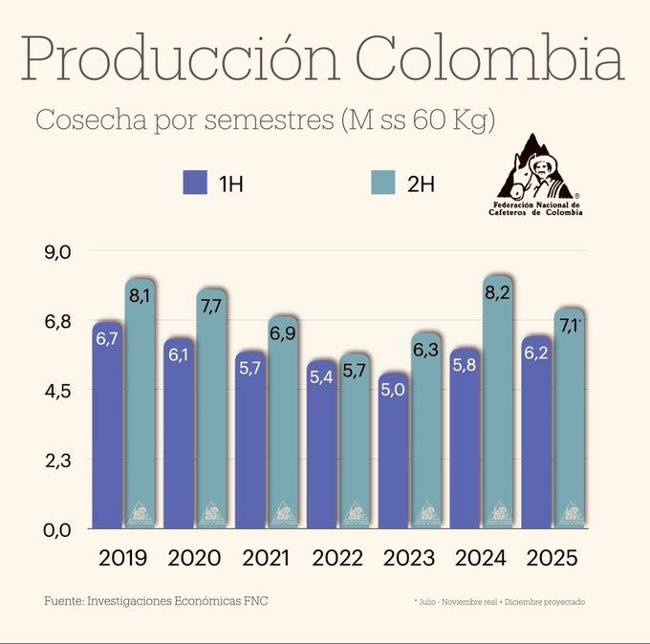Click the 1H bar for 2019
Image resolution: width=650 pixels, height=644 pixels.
pyautogui.click(x=108, y=430)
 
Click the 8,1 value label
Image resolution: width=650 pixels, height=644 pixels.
pyautogui.click(x=141, y=296)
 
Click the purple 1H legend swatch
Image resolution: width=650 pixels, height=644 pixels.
pyautogui.click(x=195, y=183)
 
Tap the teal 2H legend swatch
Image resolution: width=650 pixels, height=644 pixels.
pyautogui.click(x=383, y=183)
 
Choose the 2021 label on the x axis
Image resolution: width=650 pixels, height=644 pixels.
pyautogui.click(x=267, y=558)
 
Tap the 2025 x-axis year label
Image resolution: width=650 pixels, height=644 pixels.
pyautogui.click(x=552, y=558)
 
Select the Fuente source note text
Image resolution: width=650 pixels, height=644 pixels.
pyautogui.click(x=162, y=602)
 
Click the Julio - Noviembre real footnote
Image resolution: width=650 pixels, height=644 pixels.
pyautogui.click(x=499, y=602)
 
